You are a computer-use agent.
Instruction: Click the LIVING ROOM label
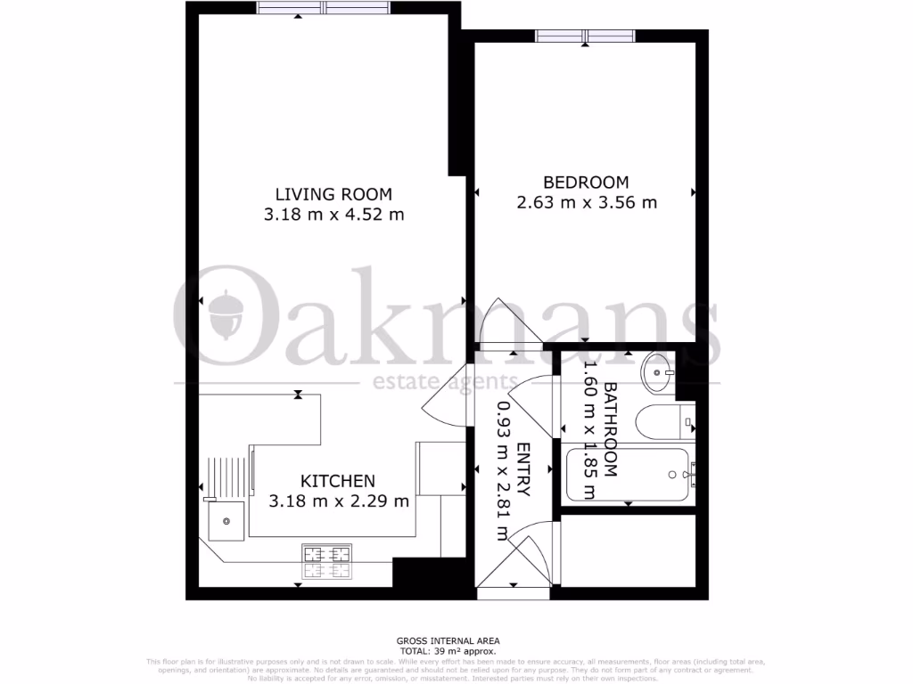pyautogui.click(x=333, y=193)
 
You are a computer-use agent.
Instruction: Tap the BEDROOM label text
pyautogui.click(x=586, y=182)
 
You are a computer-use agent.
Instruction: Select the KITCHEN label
pyautogui.click(x=337, y=480)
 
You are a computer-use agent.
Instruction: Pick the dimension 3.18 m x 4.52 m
pyautogui.click(x=333, y=215)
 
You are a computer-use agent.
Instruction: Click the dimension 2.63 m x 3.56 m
pyautogui.click(x=587, y=203)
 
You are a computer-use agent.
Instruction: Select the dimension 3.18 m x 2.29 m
pyautogui.click(x=339, y=501)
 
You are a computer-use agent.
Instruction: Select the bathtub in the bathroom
pyautogui.click(x=629, y=474)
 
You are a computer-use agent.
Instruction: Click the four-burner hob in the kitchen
pyautogui.click(x=326, y=560)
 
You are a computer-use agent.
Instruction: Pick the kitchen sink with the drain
pyautogui.click(x=226, y=520)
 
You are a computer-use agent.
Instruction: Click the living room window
pyautogui.click(x=324, y=8)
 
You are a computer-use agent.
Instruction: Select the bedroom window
pyautogui.click(x=586, y=36)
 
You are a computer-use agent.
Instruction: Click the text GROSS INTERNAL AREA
pyautogui.click(x=448, y=640)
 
